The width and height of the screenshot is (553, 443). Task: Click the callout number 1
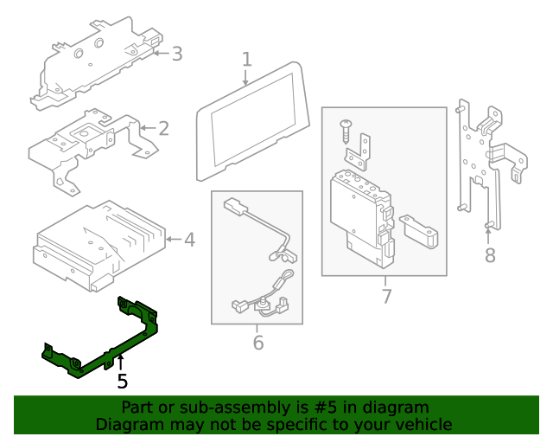click(x=246, y=59)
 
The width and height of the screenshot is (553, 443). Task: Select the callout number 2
click(x=162, y=129)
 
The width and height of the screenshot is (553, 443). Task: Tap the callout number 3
click(x=176, y=54)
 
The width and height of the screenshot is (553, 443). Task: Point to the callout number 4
click(x=189, y=239)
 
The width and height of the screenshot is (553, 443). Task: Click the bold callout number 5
click(x=122, y=381)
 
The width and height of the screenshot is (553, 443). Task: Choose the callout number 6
click(x=257, y=343)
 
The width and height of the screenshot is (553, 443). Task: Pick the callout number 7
click(x=386, y=297)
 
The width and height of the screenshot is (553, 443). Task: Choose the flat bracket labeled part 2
click(x=86, y=143)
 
